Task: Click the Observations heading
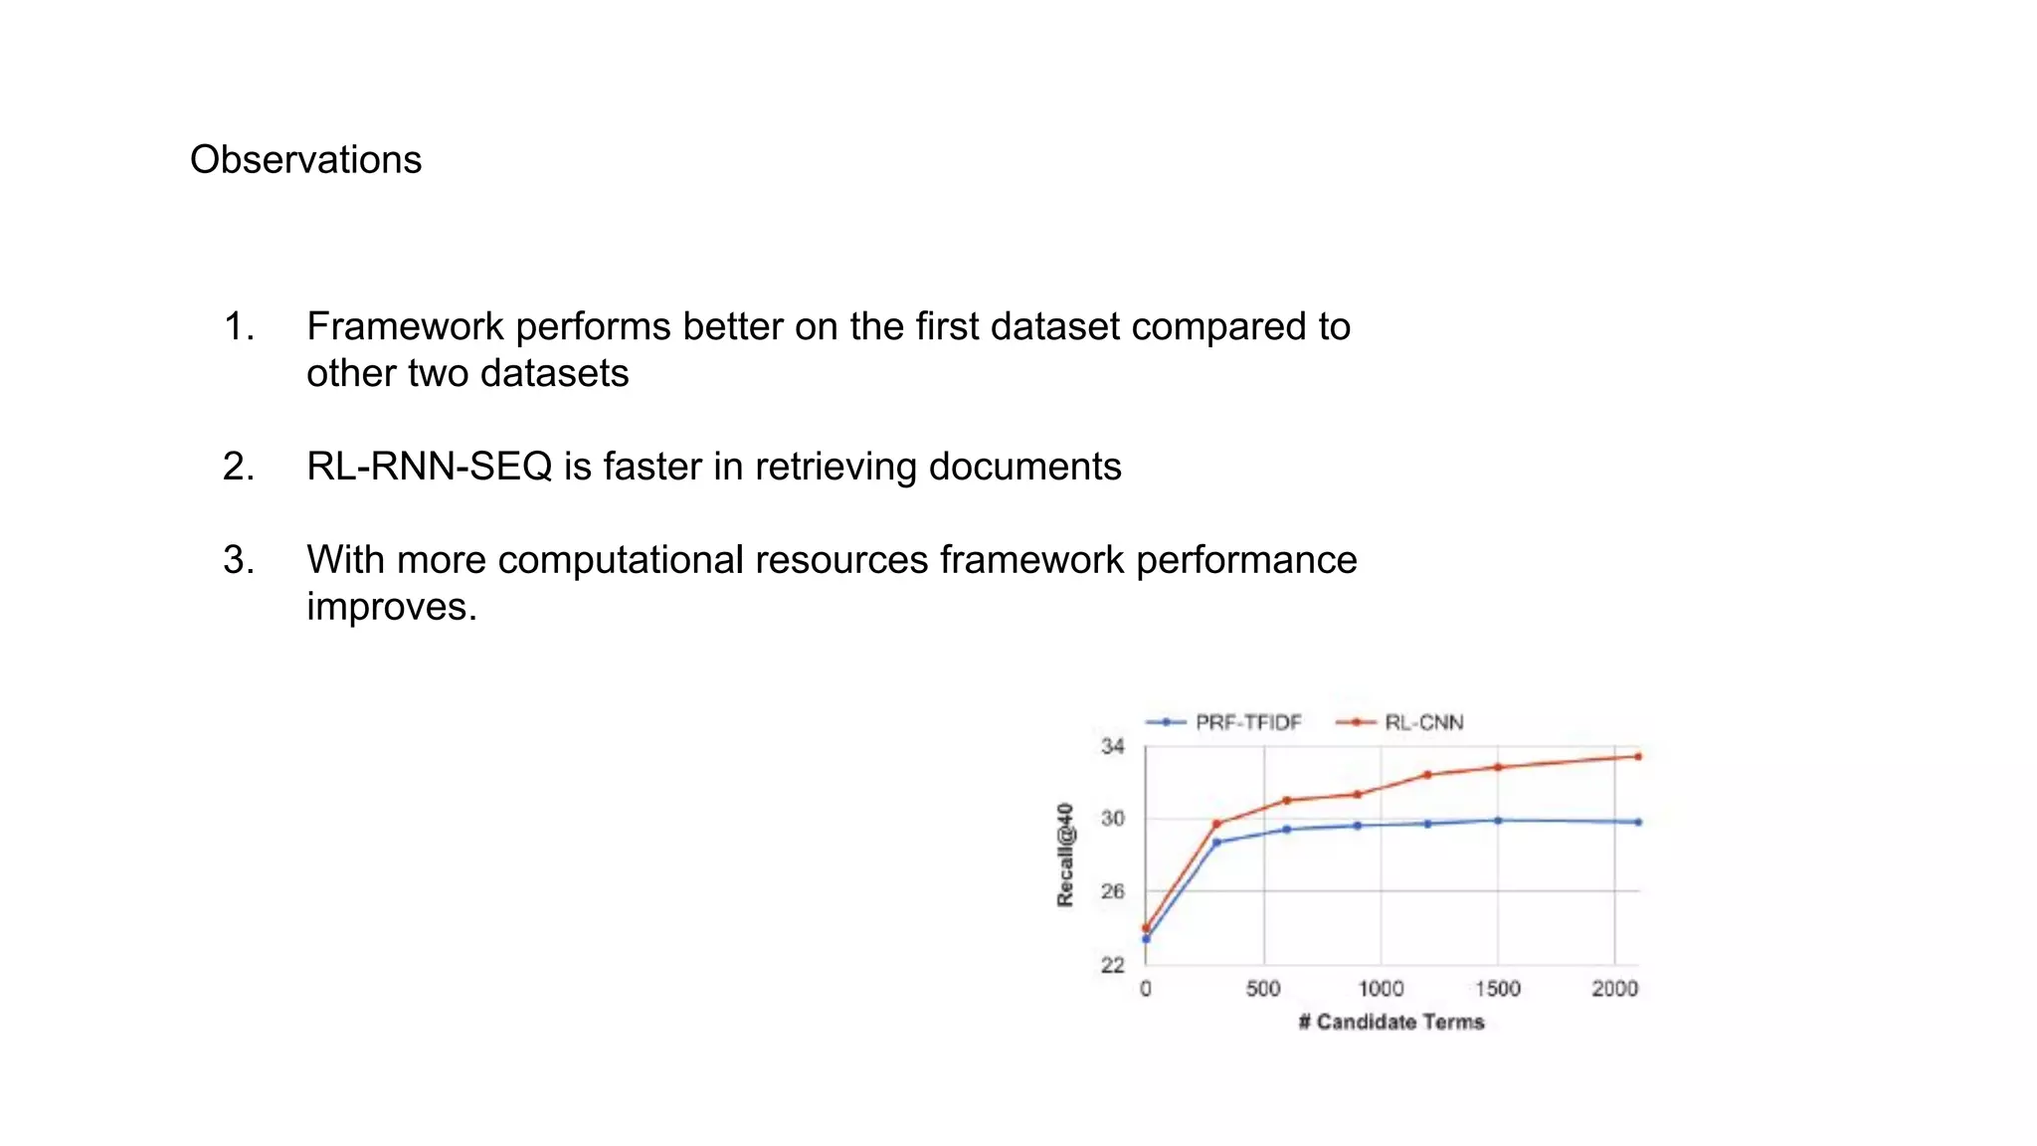point(305,160)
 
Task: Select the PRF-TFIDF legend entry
point(1247,722)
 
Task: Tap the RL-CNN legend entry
point(1423,722)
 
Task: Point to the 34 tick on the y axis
point(1112,746)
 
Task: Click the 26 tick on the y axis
point(1112,891)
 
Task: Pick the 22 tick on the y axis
point(1112,964)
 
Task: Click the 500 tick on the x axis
point(1263,989)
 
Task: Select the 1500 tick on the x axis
point(1497,989)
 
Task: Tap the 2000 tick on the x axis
point(1614,989)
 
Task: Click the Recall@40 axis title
point(1065,855)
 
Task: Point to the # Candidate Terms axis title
point(1390,1023)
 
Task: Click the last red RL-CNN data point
point(1638,756)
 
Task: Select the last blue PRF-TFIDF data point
point(1638,822)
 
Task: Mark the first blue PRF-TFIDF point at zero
point(1146,939)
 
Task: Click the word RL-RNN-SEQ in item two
point(429,467)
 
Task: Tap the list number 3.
point(239,560)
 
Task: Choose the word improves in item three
point(391,607)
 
